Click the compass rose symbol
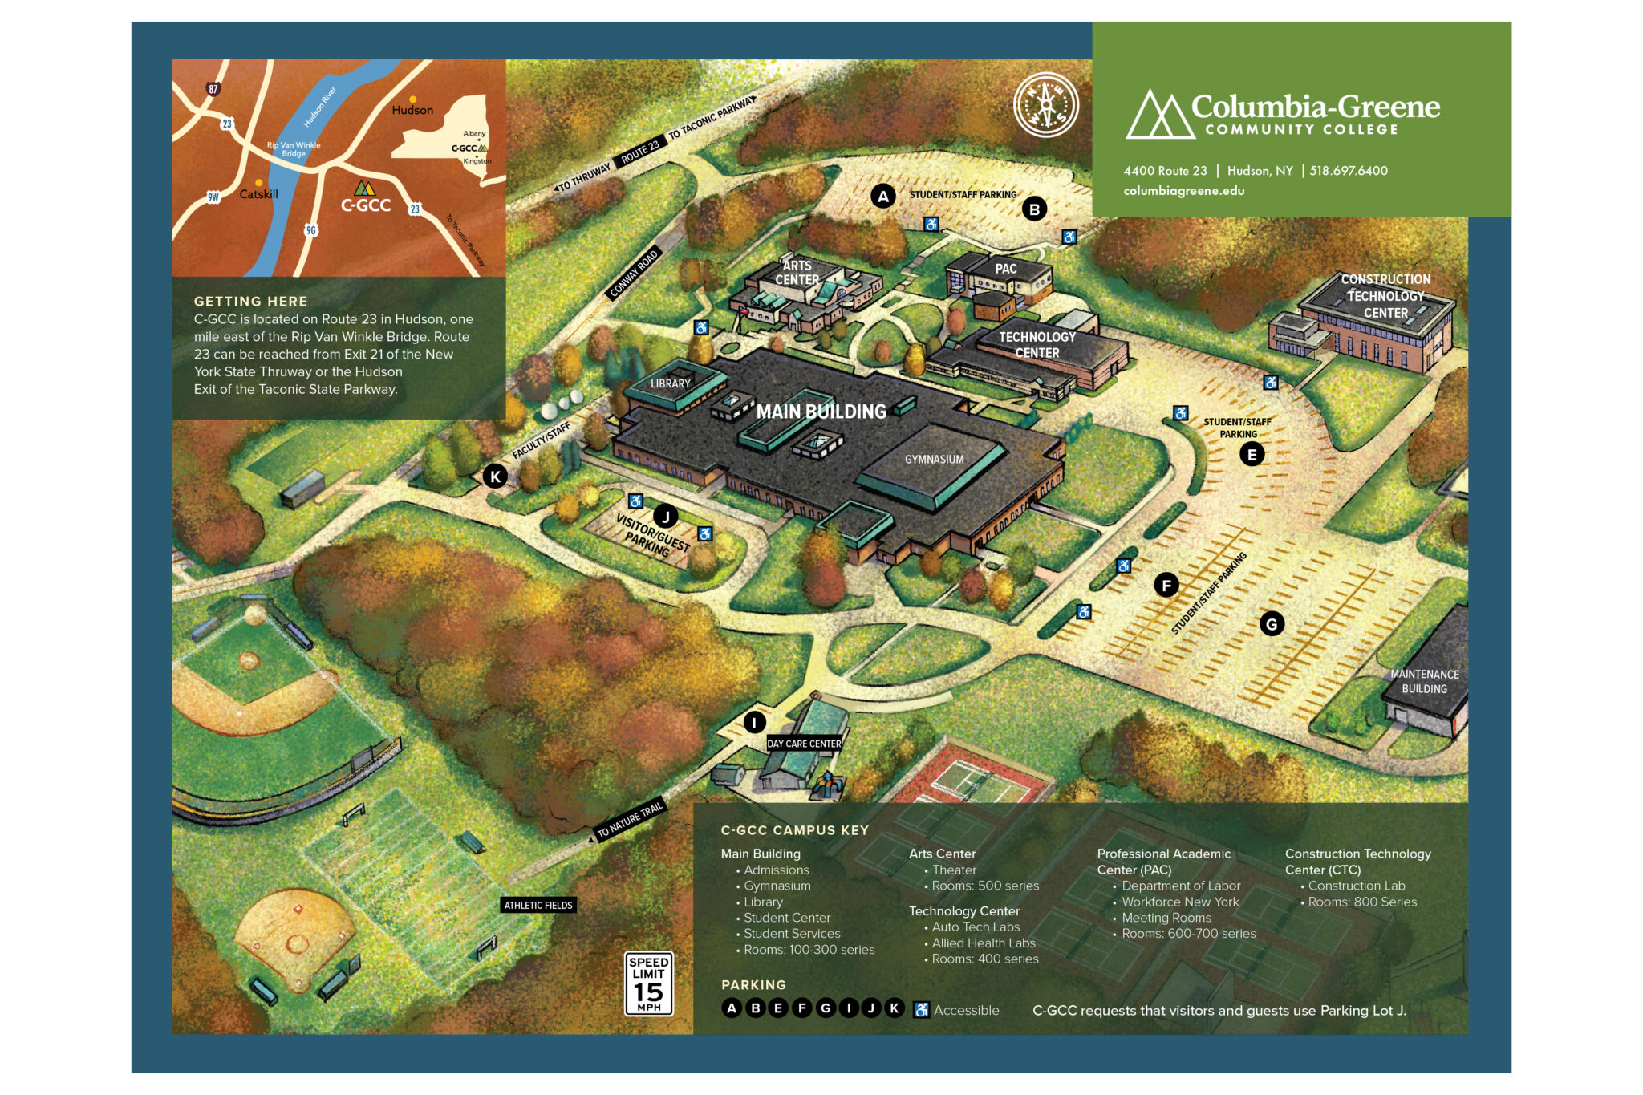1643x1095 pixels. [1045, 105]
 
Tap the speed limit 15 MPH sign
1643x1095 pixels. [648, 983]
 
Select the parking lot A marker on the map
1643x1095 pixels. [882, 196]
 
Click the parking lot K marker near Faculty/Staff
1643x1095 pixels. [495, 477]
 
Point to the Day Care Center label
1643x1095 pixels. [804, 744]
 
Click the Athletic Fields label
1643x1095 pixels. [538, 905]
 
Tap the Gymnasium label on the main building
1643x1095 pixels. [934, 460]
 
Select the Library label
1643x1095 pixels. [670, 384]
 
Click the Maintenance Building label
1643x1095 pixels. [1424, 681]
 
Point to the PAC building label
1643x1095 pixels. [1005, 269]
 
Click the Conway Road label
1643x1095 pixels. [634, 274]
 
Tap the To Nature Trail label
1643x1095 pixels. [630, 820]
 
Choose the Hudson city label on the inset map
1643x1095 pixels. [412, 110]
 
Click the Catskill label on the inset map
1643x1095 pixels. [258, 194]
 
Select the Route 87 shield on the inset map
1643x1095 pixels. [213, 89]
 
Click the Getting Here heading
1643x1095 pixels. [250, 302]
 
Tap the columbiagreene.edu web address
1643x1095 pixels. [1183, 191]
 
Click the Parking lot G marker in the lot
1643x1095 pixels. [1272, 623]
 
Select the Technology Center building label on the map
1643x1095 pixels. [1037, 345]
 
